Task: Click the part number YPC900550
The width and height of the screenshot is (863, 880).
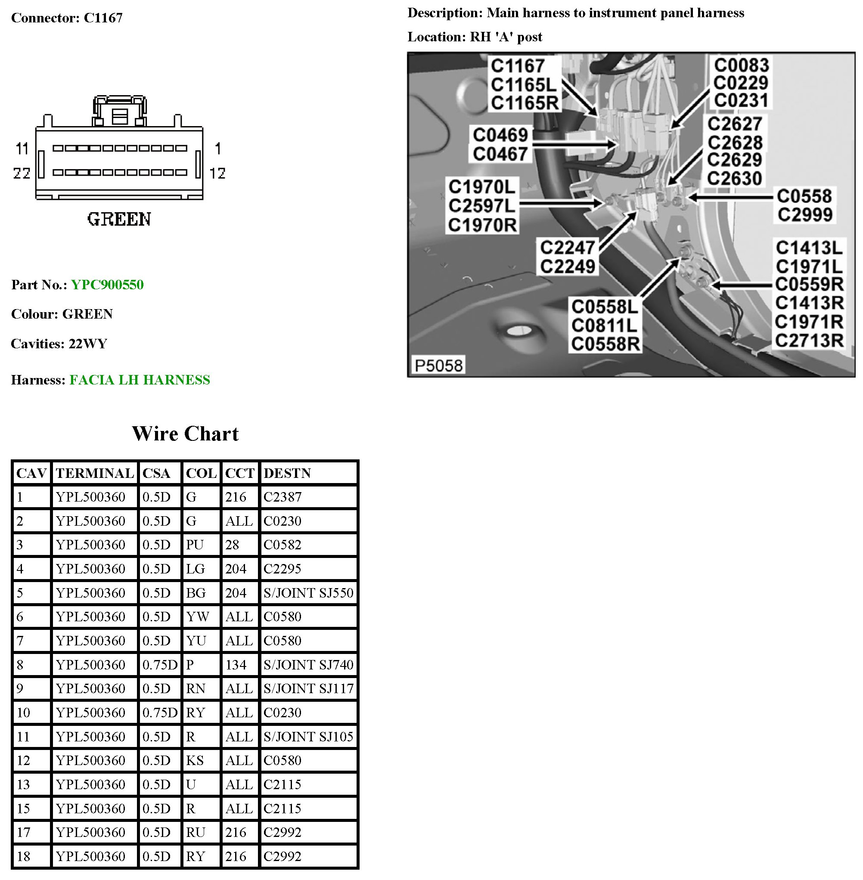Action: [x=107, y=285]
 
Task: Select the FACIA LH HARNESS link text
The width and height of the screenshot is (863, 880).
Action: [x=140, y=380]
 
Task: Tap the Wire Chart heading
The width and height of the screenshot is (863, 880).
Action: [x=185, y=434]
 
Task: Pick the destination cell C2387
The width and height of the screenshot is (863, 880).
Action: [x=282, y=497]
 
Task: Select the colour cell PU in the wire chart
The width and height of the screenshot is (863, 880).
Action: [x=195, y=545]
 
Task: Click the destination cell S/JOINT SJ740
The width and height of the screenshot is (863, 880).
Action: [x=308, y=665]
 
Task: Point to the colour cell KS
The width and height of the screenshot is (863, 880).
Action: [x=195, y=760]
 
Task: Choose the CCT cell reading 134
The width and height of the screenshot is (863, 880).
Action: [x=236, y=665]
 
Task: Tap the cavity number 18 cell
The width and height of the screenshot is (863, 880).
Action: [x=24, y=856]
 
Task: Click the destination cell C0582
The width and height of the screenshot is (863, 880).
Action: [x=282, y=545]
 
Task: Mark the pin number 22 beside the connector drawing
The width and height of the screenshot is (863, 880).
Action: [x=22, y=173]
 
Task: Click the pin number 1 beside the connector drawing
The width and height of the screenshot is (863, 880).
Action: [x=218, y=149]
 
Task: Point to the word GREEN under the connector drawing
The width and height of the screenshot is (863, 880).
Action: [x=119, y=219]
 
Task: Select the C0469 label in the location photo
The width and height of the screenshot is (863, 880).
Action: [x=500, y=135]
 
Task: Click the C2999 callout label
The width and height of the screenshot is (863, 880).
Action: [x=805, y=215]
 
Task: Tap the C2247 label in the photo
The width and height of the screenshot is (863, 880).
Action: [x=567, y=248]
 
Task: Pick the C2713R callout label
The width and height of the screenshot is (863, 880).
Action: [x=809, y=340]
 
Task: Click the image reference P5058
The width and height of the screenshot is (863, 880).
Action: [x=438, y=365]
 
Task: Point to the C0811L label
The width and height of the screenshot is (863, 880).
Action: [x=604, y=325]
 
